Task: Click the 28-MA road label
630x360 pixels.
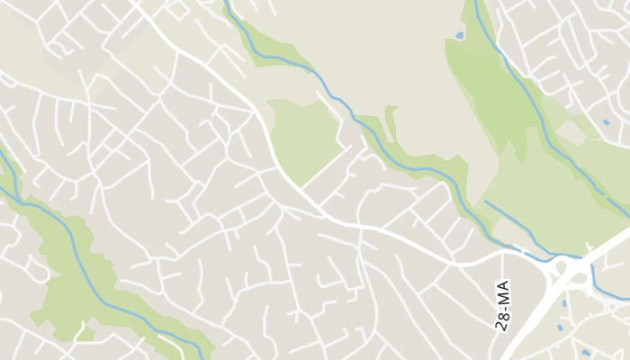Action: [x=502, y=305]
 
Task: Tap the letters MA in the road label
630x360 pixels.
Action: [x=502, y=292]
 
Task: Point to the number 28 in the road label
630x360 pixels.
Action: [x=502, y=320]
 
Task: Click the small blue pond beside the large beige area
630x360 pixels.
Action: [x=460, y=35]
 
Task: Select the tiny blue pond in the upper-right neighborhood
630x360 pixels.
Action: [x=606, y=121]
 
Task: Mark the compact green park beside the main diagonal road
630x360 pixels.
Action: [x=305, y=139]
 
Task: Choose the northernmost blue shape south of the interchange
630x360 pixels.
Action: [x=564, y=303]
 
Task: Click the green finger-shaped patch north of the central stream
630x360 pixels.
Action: [x=391, y=121]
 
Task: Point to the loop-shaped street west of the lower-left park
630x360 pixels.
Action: [x=36, y=266]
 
